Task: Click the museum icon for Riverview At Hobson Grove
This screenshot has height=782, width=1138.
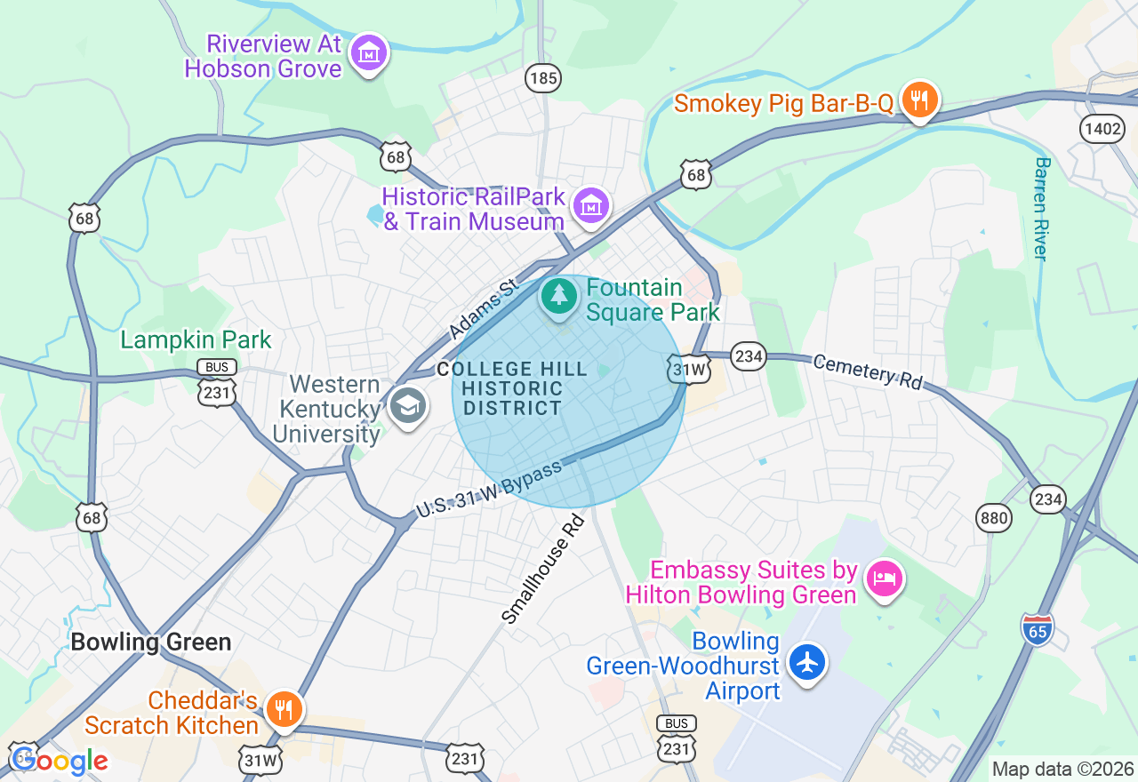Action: coord(368,54)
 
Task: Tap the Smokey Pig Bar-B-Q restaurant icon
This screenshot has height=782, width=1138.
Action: coord(919,99)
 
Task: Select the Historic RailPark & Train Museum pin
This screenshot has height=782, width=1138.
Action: coord(590,206)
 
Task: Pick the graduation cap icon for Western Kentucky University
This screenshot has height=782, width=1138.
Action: coord(408,407)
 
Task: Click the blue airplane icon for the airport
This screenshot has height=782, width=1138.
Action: coord(807,662)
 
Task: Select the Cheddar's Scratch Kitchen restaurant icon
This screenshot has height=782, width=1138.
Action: coord(284,709)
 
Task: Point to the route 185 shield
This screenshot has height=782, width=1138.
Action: coord(542,78)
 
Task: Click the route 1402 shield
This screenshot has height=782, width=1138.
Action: coord(1102,129)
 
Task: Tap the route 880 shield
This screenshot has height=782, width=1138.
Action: coord(994,517)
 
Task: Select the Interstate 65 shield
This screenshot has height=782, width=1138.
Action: coord(1037,628)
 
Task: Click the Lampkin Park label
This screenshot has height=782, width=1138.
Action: coord(196,340)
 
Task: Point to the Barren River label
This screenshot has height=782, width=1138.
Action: coord(1042,209)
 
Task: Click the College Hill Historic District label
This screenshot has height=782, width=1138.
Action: coord(512,389)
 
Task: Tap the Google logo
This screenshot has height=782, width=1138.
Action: coord(60,761)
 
